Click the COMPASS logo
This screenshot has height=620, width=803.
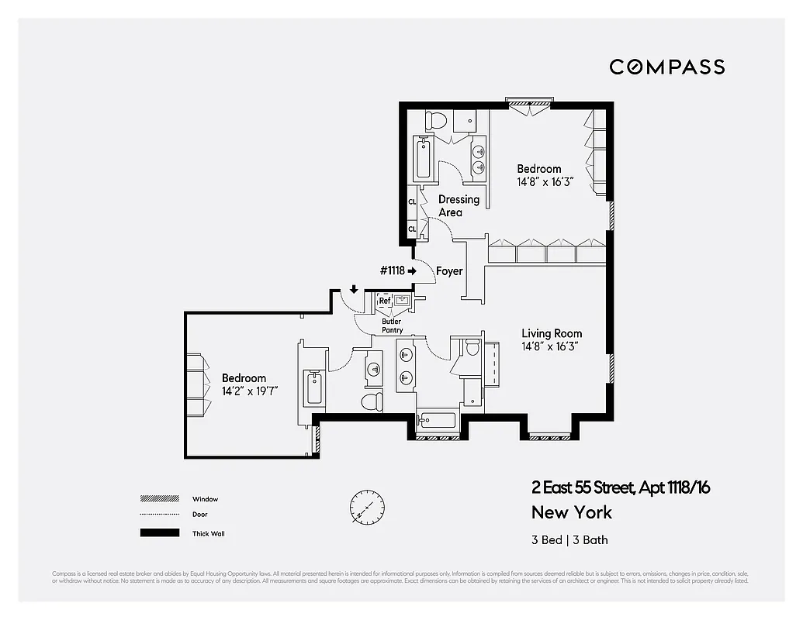(666, 67)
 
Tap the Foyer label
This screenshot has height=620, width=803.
(449, 271)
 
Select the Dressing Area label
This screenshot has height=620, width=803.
(459, 205)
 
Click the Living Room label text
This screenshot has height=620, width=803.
(552, 334)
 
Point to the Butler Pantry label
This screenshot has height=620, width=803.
(391, 325)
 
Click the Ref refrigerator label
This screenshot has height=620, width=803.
(384, 301)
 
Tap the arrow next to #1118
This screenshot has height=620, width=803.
(412, 271)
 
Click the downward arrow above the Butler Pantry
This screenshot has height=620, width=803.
(354, 290)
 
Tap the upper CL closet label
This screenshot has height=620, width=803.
(412, 202)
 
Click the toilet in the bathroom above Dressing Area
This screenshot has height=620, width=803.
(435, 121)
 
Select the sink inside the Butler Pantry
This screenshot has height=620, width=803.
(403, 300)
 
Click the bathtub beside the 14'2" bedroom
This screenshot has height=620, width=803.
(314, 387)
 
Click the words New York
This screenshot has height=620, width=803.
(571, 512)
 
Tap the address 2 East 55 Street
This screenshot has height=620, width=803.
(582, 487)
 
